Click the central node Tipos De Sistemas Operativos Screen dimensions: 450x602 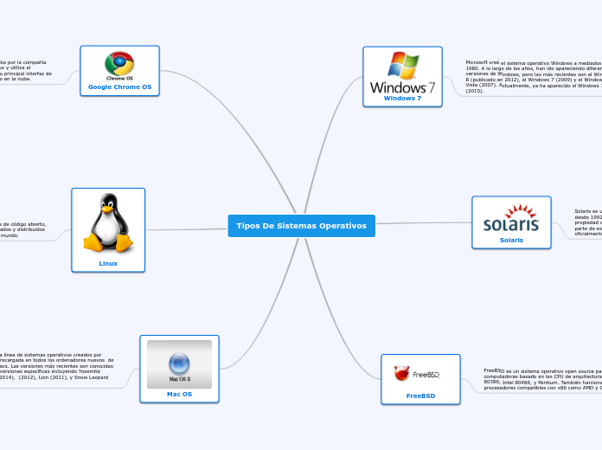tap(301, 226)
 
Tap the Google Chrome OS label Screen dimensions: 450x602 tap(119, 87)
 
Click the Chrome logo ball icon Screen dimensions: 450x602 tap(119, 63)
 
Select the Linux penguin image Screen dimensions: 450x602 tap(108, 223)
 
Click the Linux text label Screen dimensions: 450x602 tap(108, 263)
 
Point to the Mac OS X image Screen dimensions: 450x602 tap(179, 363)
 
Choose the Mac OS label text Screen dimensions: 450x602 tap(179, 394)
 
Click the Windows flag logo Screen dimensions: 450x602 tap(403, 65)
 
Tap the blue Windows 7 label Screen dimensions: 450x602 tap(402, 99)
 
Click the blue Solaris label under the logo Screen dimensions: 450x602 tap(511, 240)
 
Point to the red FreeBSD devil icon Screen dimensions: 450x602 tap(401, 374)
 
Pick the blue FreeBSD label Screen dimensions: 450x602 tap(420, 395)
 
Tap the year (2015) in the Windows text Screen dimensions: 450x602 tap(475, 91)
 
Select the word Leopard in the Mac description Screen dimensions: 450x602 tap(97, 377)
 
